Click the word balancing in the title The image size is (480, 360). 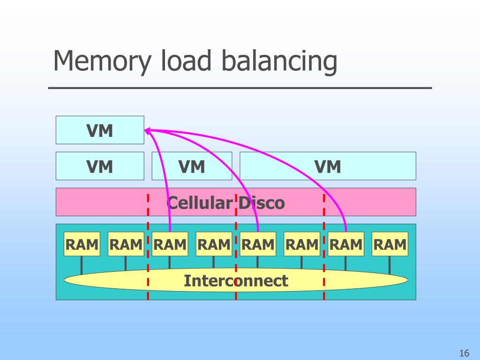[x=279, y=61]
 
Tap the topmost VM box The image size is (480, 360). [x=100, y=130]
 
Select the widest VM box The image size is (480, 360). [x=328, y=166]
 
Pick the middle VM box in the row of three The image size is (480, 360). [x=192, y=166]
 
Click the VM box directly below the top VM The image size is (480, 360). [x=100, y=166]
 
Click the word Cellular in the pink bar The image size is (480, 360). [x=201, y=203]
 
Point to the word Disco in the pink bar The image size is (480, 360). [x=262, y=203]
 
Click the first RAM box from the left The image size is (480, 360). [x=82, y=244]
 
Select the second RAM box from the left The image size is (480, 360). [x=126, y=244]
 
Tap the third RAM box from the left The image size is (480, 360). [x=170, y=244]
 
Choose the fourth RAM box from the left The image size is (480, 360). [x=214, y=244]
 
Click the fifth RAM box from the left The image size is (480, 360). [x=258, y=244]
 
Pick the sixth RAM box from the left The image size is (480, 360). [x=302, y=244]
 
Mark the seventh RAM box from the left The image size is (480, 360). [x=346, y=244]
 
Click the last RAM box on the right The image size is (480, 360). [x=390, y=244]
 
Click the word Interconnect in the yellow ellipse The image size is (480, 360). [x=236, y=281]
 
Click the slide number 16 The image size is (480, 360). [x=464, y=353]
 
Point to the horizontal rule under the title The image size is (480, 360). [x=240, y=88]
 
